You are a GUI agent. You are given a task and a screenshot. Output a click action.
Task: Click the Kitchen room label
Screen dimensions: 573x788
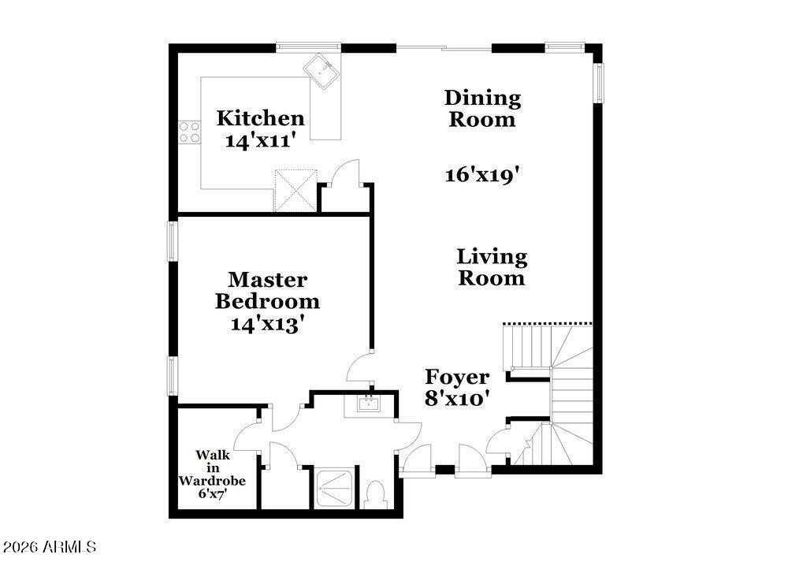tap(260, 119)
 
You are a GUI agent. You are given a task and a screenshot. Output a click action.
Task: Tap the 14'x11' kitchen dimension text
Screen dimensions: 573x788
tap(260, 142)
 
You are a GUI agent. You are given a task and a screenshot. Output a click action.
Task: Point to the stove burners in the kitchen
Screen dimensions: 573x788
tap(189, 132)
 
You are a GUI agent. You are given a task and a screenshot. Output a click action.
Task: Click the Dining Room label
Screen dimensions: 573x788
tap(481, 109)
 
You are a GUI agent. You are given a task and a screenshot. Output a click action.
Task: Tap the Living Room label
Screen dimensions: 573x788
tap(492, 267)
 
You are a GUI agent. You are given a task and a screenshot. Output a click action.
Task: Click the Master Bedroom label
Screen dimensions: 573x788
tap(268, 290)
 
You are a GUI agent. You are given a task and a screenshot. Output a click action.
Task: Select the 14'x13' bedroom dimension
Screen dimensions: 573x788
tap(268, 324)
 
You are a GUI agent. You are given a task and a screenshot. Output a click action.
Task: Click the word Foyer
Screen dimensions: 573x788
tap(457, 377)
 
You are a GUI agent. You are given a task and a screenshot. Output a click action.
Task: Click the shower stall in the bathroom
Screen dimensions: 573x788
tap(335, 488)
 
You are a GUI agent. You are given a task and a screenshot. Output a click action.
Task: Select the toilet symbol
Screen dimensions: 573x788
tap(376, 496)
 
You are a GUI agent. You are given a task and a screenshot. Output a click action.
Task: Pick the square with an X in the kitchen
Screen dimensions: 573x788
tap(295, 189)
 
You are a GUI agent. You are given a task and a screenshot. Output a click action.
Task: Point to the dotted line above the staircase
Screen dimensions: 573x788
tap(546, 323)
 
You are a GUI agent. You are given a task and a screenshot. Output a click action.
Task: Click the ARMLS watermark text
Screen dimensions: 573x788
tap(49, 546)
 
